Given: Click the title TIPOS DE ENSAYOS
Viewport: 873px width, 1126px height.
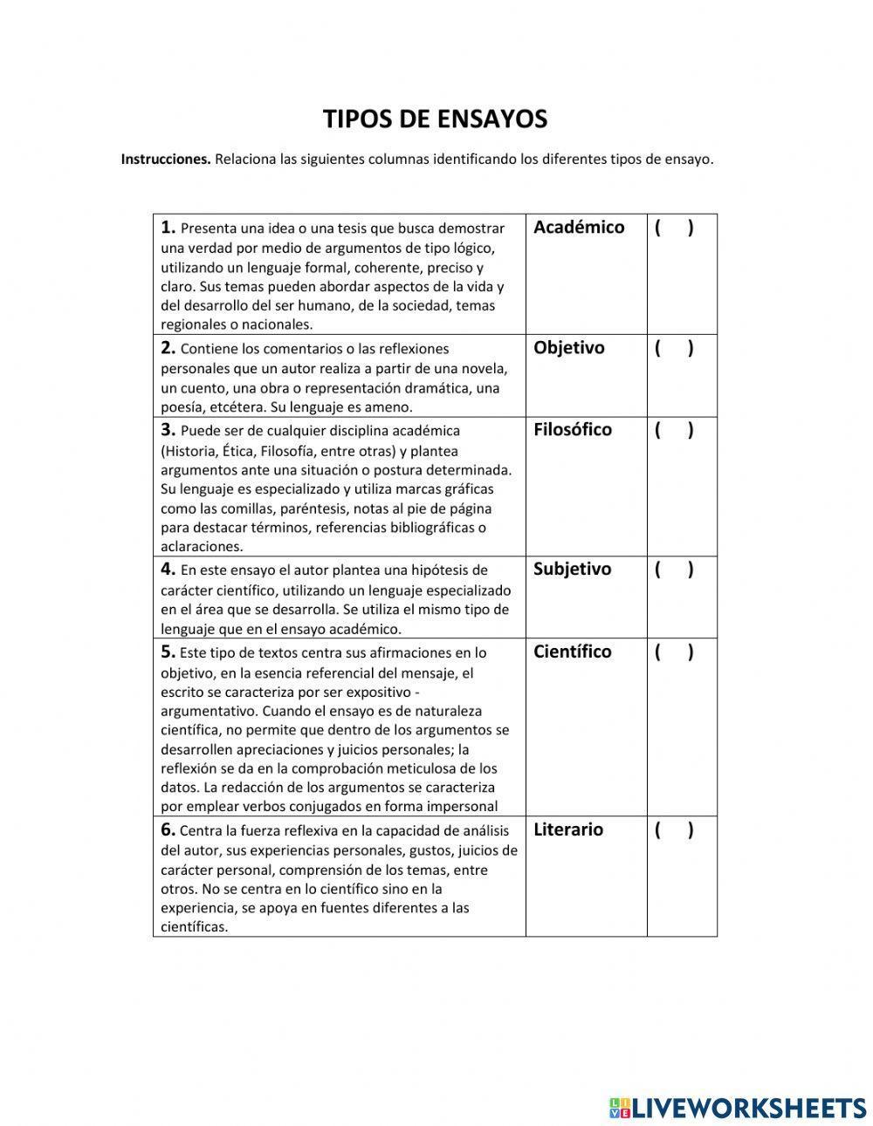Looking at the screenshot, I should pyautogui.click(x=435, y=119).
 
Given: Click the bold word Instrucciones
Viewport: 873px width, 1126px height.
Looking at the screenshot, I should pyautogui.click(x=166, y=160).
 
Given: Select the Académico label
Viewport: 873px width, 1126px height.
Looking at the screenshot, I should pyautogui.click(x=579, y=227).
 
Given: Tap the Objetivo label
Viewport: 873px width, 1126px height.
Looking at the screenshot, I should pyautogui.click(x=568, y=347).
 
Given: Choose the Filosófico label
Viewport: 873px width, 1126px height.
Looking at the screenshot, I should pyautogui.click(x=573, y=429).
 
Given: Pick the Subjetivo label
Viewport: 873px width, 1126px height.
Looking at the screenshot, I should pyautogui.click(x=572, y=569).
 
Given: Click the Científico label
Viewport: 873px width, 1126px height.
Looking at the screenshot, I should pyautogui.click(x=572, y=652).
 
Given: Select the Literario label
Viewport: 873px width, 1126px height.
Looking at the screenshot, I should pyautogui.click(x=567, y=829).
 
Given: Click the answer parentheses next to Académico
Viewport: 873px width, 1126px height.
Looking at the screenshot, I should pyautogui.click(x=674, y=228).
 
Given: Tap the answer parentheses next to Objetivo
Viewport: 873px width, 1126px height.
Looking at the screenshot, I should pyautogui.click(x=674, y=348).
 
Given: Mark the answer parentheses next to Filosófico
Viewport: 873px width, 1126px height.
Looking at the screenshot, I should pyautogui.click(x=674, y=430).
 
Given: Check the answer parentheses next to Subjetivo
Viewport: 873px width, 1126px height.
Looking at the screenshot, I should pyautogui.click(x=674, y=570).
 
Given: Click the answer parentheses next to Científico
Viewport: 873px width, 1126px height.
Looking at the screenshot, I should pyautogui.click(x=674, y=652).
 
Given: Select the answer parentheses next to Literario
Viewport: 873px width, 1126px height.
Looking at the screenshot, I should pyautogui.click(x=674, y=830).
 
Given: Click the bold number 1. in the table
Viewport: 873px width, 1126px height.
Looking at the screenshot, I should pyautogui.click(x=168, y=228).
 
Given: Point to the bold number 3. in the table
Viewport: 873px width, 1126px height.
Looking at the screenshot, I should pyautogui.click(x=168, y=429).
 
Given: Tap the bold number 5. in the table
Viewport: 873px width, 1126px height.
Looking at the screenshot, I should pyautogui.click(x=168, y=652).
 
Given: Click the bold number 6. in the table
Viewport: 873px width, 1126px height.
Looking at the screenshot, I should pyautogui.click(x=168, y=829).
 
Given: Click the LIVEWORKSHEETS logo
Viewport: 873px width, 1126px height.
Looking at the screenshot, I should pyautogui.click(x=738, y=1108).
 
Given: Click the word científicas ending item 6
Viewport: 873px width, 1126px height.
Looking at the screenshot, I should pyautogui.click(x=194, y=927).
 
